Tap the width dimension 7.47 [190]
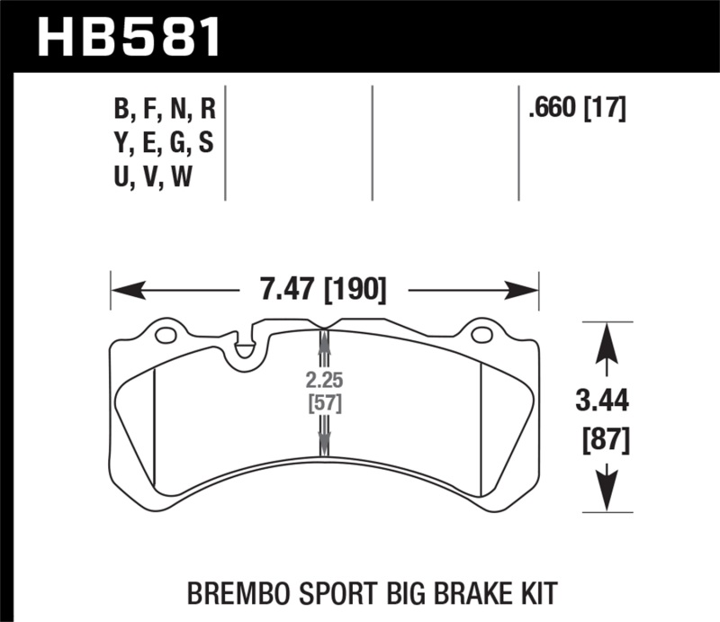click(x=324, y=290)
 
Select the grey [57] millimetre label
click(x=323, y=402)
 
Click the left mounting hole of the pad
click(x=165, y=337)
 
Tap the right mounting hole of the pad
click(x=481, y=337)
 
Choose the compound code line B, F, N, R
click(x=165, y=111)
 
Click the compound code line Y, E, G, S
click(x=165, y=144)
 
